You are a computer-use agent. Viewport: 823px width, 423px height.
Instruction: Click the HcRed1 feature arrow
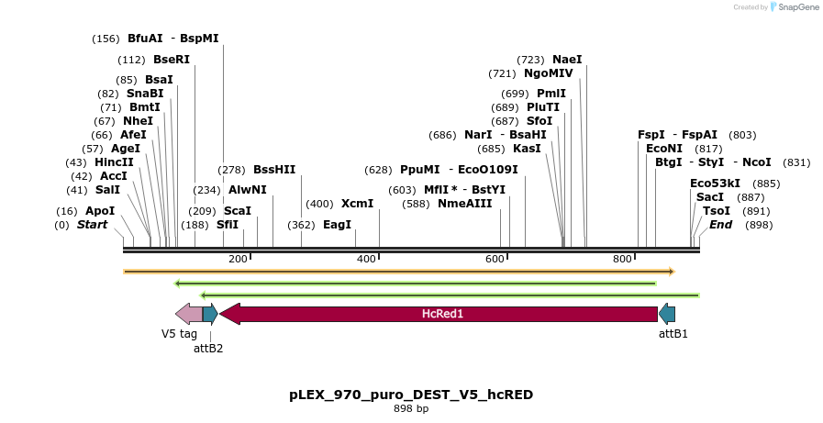pyautogui.click(x=440, y=314)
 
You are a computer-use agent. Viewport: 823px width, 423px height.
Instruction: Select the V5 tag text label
pyautogui.click(x=179, y=334)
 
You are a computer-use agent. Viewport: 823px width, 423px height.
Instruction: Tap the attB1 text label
pyautogui.click(x=673, y=334)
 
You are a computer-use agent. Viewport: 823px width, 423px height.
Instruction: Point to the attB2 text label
pyautogui.click(x=208, y=348)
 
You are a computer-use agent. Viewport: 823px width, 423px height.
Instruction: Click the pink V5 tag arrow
pyautogui.click(x=188, y=314)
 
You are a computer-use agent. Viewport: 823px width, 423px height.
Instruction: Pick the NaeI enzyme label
pyautogui.click(x=567, y=60)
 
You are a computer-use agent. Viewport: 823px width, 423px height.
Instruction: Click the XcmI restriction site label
pyautogui.click(x=357, y=204)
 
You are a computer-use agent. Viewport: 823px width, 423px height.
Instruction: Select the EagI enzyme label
pyautogui.click(x=337, y=225)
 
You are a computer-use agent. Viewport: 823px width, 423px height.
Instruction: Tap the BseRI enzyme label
pyautogui.click(x=172, y=60)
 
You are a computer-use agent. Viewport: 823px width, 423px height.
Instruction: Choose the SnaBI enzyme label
pyautogui.click(x=145, y=94)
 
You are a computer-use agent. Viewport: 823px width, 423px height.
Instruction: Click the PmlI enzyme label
pyautogui.click(x=551, y=94)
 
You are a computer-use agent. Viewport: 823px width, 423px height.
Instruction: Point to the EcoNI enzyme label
pyautogui.click(x=664, y=149)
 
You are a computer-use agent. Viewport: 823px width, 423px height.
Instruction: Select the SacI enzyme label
pyautogui.click(x=710, y=197)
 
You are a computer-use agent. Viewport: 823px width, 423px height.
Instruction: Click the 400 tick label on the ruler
pyautogui.click(x=366, y=259)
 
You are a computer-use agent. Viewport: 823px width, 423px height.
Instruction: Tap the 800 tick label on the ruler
pyautogui.click(x=623, y=259)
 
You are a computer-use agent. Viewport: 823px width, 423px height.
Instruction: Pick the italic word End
pyautogui.click(x=721, y=225)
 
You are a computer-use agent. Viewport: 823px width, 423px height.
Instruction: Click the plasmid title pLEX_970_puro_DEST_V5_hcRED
pyautogui.click(x=411, y=395)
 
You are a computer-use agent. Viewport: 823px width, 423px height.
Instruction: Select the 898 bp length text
pyautogui.click(x=411, y=409)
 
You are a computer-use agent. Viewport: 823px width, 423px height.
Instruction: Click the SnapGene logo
pyautogui.click(x=794, y=7)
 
